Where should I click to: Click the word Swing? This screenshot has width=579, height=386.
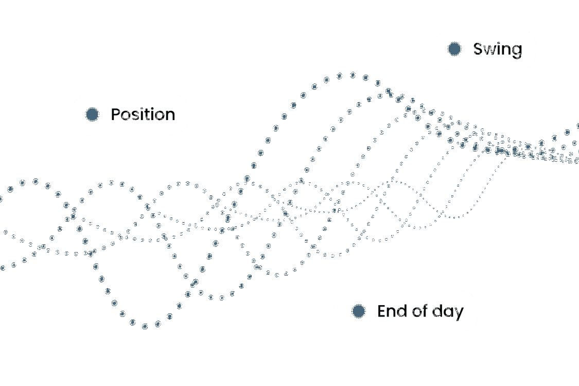click(x=497, y=49)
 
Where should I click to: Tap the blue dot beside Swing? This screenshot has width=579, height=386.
click(x=454, y=49)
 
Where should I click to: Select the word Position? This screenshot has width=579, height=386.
click(x=143, y=114)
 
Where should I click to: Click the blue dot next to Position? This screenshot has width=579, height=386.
click(x=92, y=114)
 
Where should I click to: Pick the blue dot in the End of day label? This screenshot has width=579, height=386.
click(x=358, y=311)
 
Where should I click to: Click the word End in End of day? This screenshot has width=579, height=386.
click(x=389, y=311)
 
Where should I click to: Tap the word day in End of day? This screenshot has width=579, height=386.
click(x=447, y=312)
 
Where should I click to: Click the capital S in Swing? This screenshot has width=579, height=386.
click(x=478, y=49)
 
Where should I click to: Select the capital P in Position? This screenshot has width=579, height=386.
click(x=115, y=114)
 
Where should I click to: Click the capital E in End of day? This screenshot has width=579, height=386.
click(x=381, y=311)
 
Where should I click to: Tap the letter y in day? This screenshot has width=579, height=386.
click(x=459, y=313)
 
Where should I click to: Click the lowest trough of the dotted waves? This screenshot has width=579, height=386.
click(x=145, y=326)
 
